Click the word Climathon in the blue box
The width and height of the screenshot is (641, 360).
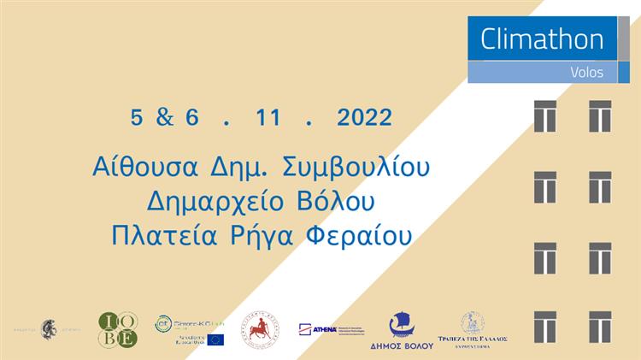(x=542, y=39)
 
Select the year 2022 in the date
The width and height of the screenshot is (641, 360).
(x=365, y=118)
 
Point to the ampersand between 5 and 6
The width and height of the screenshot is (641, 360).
(x=165, y=118)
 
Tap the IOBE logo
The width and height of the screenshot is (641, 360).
(x=118, y=329)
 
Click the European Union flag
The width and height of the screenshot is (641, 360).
(x=215, y=339)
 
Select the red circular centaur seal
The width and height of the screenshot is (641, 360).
(x=260, y=329)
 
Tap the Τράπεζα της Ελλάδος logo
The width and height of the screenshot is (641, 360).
(x=473, y=328)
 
